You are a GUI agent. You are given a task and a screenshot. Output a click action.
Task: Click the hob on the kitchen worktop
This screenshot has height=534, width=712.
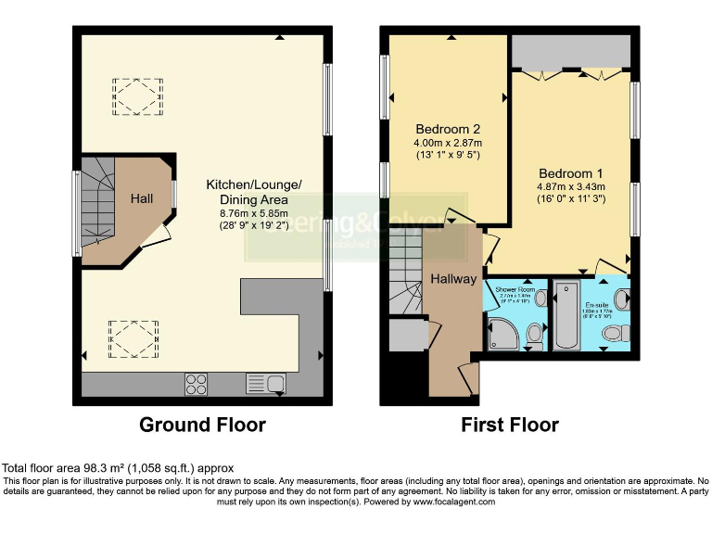(x=196, y=383)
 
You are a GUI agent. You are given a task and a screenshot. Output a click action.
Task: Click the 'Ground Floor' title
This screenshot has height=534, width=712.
(x=202, y=426)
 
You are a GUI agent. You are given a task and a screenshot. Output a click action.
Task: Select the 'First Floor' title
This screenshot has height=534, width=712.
(x=511, y=426)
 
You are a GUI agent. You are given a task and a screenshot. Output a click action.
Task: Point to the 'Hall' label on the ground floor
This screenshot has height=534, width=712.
(x=141, y=199)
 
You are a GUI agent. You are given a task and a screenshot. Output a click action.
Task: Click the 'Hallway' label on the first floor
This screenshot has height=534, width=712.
(x=452, y=279)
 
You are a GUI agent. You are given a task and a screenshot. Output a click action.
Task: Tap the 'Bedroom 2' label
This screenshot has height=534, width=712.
(x=448, y=128)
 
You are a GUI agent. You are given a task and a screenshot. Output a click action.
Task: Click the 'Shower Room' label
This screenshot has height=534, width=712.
(x=515, y=289)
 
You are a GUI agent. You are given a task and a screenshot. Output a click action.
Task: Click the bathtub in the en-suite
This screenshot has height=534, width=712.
(x=566, y=317)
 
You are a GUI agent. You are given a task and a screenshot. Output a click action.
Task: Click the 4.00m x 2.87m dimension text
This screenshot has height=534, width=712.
(x=448, y=143)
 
